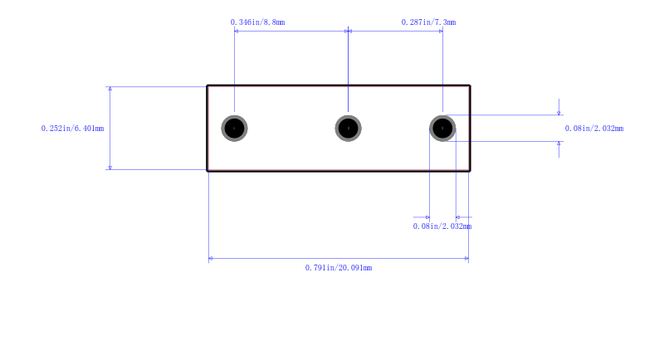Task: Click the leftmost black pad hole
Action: click(x=234, y=129)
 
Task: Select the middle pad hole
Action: click(x=348, y=129)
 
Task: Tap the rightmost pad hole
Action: click(x=442, y=129)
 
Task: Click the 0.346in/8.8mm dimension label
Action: click(x=257, y=22)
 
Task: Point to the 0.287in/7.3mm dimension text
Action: click(x=428, y=22)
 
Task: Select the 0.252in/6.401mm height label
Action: click(x=72, y=129)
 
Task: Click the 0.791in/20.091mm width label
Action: click(x=339, y=267)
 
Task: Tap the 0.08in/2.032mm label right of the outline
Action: click(x=594, y=129)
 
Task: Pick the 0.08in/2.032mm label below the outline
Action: click(x=442, y=226)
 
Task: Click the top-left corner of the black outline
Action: click(x=207, y=85)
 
